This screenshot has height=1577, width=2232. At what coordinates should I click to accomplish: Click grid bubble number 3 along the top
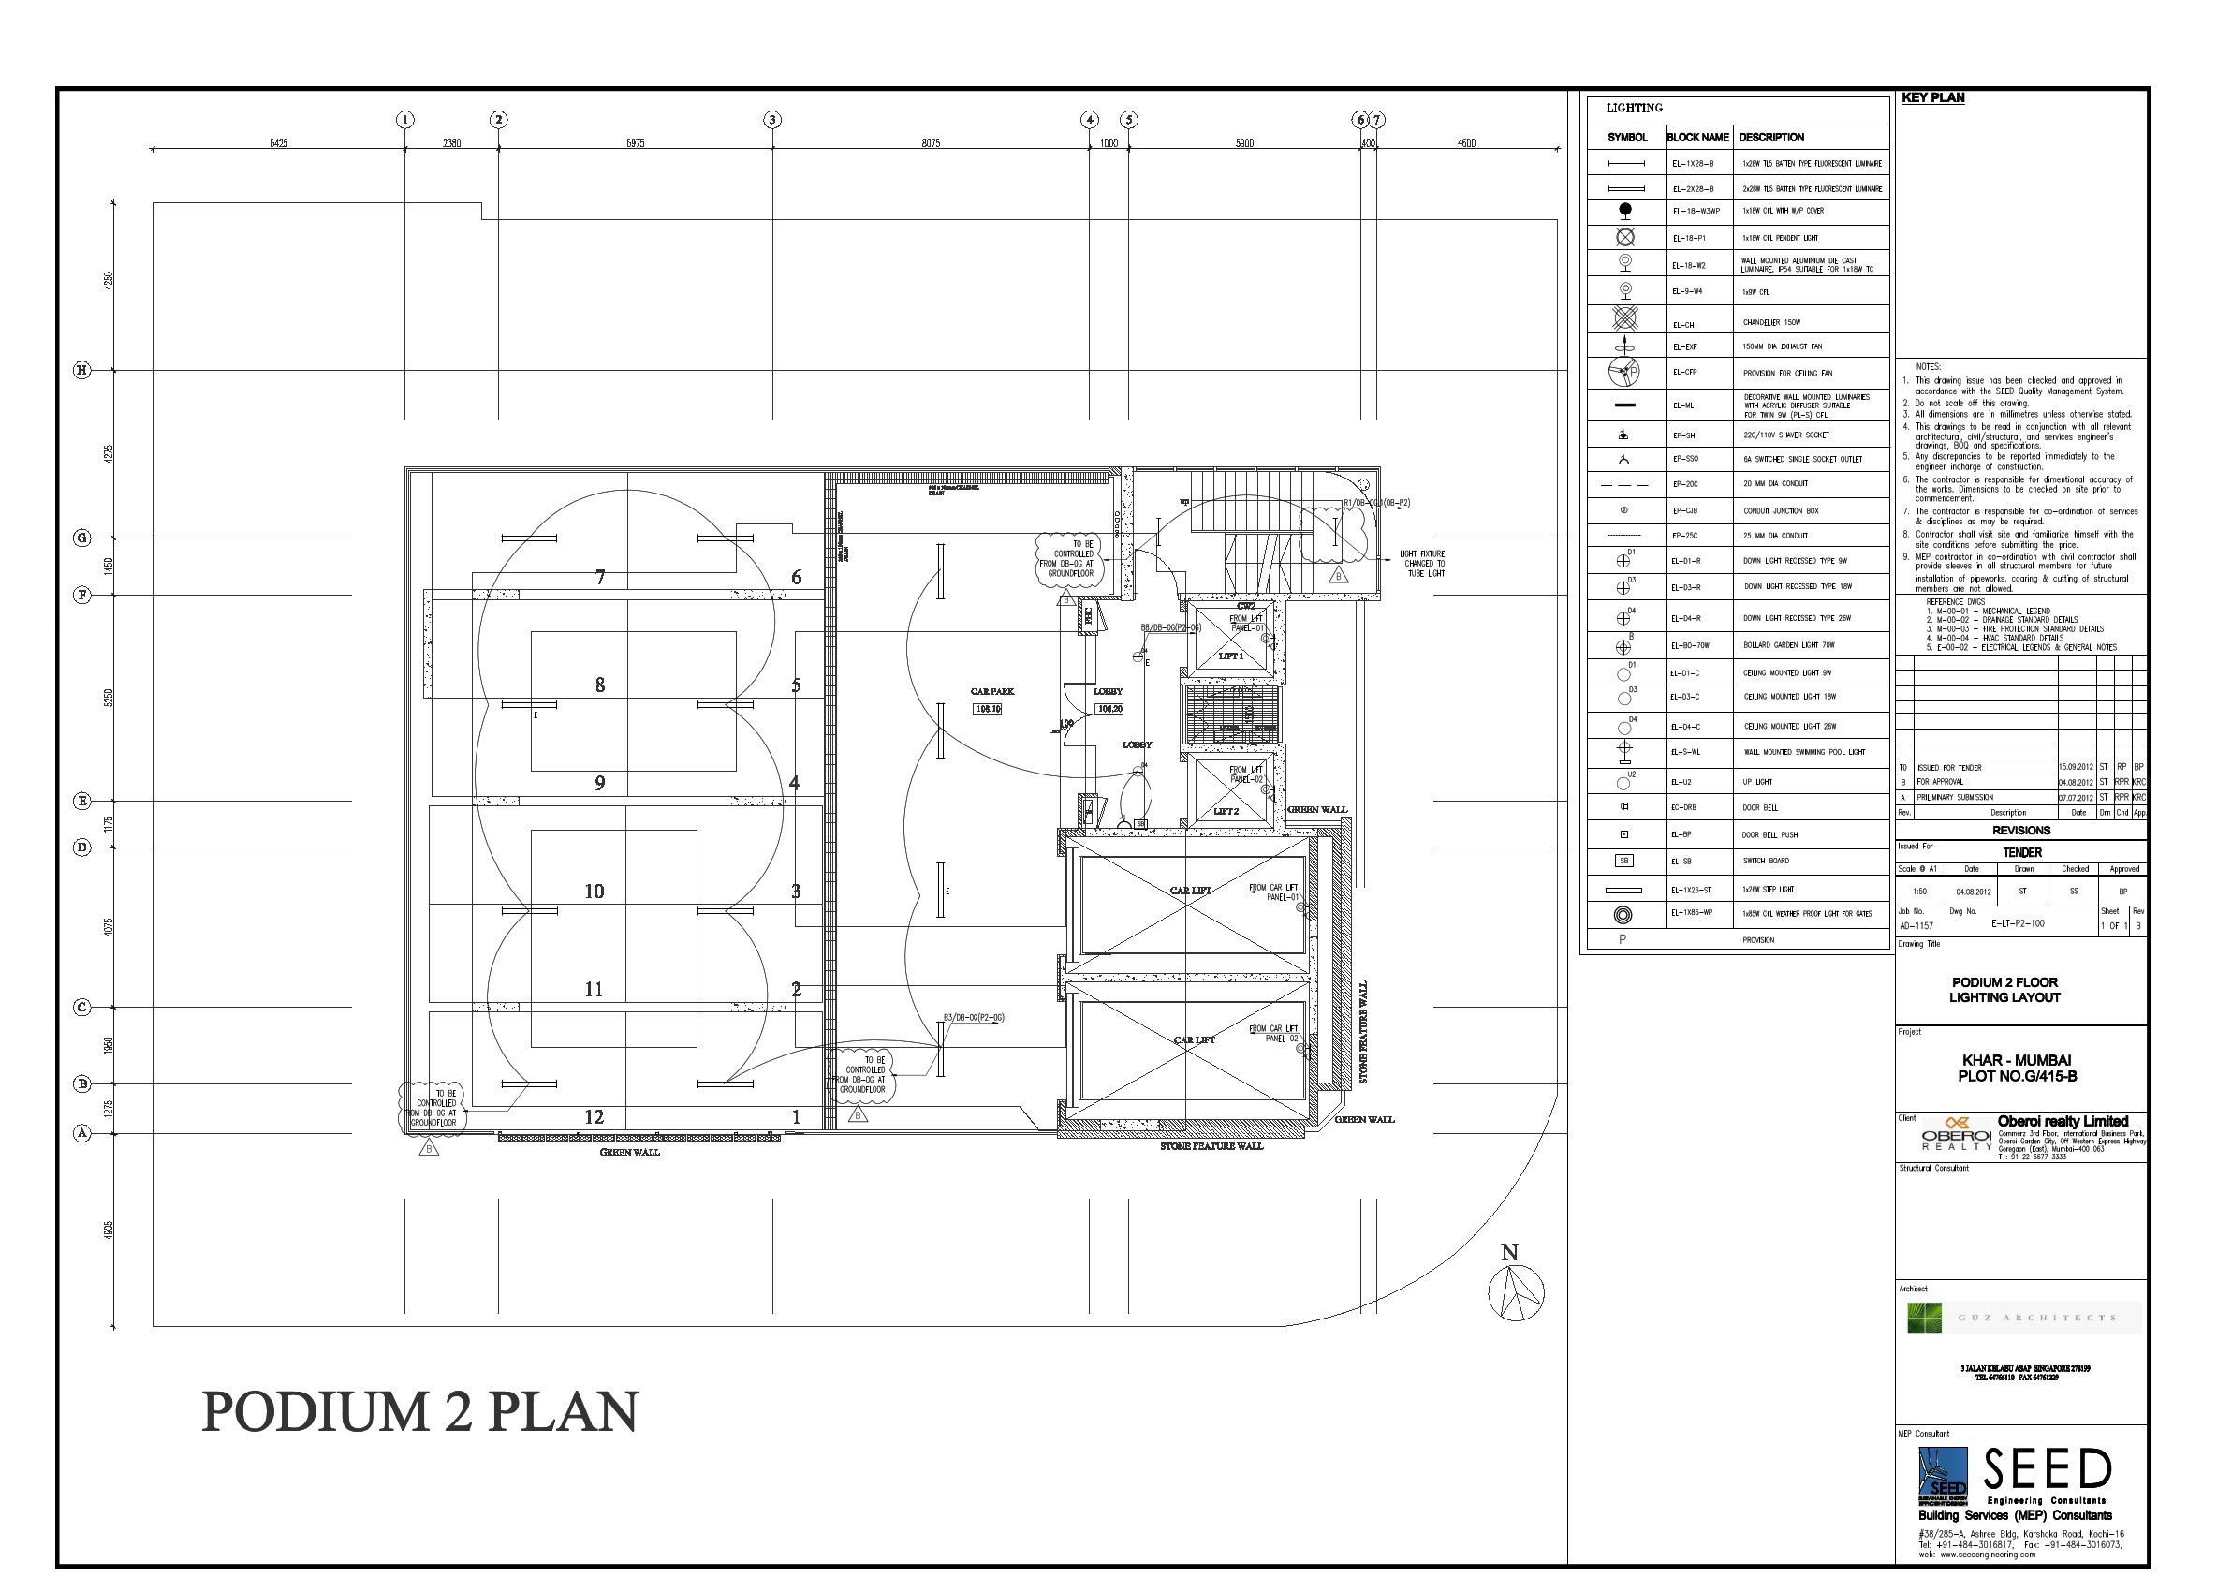771,120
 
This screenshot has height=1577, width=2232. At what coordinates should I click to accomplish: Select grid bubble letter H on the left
82,370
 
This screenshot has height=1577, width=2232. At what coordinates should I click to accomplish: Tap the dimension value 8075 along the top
931,144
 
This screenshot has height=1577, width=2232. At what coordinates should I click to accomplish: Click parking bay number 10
594,891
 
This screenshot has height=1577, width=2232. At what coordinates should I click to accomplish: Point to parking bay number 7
600,578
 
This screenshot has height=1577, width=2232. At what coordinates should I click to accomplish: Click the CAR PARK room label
991,691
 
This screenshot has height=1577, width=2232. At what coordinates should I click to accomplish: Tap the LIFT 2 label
1226,811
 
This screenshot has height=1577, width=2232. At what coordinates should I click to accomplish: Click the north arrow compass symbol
1515,1291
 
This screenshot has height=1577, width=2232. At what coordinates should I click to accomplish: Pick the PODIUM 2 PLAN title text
419,1412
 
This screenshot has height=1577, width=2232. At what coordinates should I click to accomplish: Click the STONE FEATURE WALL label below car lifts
1211,1146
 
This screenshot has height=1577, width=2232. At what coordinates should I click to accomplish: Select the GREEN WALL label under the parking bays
629,1152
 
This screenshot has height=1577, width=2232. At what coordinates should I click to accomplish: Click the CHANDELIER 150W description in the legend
1771,323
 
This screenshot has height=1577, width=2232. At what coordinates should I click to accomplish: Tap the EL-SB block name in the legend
1681,862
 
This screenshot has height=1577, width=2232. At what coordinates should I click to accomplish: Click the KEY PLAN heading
1932,98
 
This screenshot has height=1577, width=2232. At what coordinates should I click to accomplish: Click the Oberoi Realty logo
1956,1136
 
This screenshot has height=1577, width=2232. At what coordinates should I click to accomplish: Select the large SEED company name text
2048,1470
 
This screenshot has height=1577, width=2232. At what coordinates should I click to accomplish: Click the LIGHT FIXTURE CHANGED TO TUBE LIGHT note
1423,563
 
